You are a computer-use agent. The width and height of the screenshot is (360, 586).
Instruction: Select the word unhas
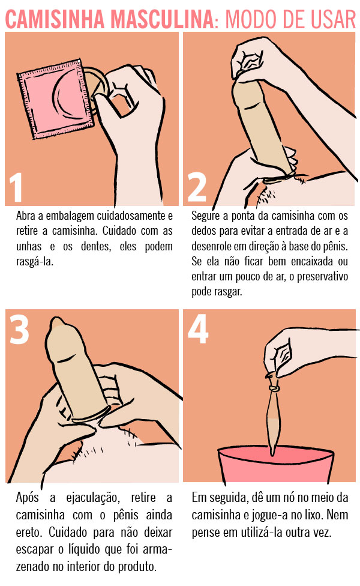click(27, 246)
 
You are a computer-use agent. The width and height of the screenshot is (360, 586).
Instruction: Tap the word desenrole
click(214, 246)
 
